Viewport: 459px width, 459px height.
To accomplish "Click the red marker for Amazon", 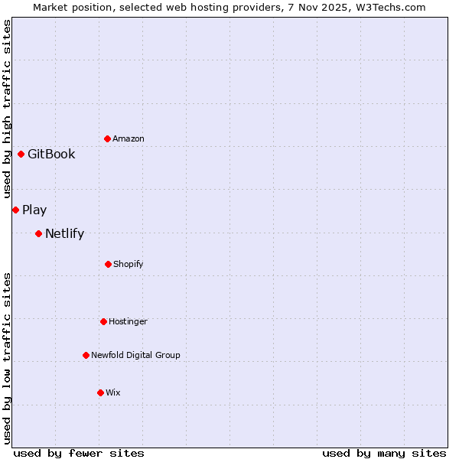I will [107, 138].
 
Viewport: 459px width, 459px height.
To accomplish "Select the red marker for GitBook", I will [21, 154].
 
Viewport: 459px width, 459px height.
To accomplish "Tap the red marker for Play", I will [15, 210].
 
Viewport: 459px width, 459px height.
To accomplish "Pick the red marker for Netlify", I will [38, 233].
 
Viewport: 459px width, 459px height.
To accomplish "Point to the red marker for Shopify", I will [108, 264].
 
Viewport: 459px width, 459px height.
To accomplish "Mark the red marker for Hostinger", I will [103, 321].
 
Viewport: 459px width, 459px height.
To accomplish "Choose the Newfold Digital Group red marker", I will [86, 355].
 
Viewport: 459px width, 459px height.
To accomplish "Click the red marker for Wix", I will [100, 392].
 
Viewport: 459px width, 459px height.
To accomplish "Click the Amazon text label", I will [129, 138].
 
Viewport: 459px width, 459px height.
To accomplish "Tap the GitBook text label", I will [51, 154].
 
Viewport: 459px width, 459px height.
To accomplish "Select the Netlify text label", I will [64, 233].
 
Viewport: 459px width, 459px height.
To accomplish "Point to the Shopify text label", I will [129, 264].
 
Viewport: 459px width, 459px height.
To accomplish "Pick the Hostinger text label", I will [128, 321].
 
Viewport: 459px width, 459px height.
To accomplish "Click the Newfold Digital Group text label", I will [135, 355].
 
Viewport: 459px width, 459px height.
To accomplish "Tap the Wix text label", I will [113, 392].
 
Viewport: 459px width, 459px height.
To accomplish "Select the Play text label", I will [34, 210].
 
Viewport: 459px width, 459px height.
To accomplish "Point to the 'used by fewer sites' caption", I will [79, 453].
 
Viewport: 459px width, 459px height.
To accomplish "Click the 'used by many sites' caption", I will [384, 453].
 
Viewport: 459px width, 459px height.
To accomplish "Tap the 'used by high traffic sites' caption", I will [7, 109].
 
